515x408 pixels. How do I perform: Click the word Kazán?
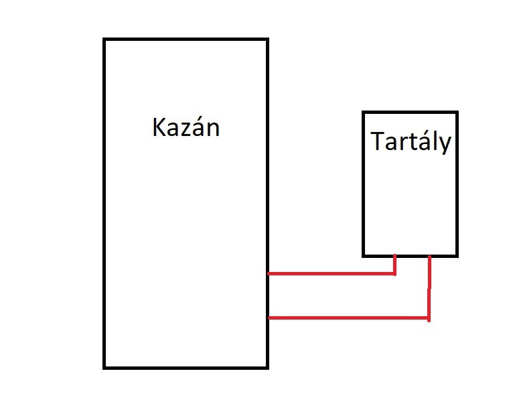pyautogui.click(x=186, y=127)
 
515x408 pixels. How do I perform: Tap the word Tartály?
pyautogui.click(x=410, y=143)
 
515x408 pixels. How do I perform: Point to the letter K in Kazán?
pyautogui.click(x=159, y=127)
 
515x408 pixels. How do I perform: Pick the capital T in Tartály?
pyautogui.click(x=377, y=141)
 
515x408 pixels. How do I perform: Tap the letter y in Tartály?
pyautogui.click(x=445, y=145)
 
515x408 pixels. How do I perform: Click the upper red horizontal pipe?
pyautogui.click(x=331, y=273)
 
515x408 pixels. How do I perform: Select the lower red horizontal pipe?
pyautogui.click(x=348, y=318)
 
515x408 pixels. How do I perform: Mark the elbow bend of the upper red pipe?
pyautogui.click(x=394, y=273)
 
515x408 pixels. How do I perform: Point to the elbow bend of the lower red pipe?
pyautogui.click(x=429, y=318)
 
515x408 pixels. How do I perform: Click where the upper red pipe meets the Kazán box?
pyautogui.click(x=269, y=273)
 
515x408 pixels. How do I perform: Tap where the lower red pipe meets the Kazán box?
pyautogui.click(x=269, y=318)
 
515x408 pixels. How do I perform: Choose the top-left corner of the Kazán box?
pyautogui.click(x=104, y=40)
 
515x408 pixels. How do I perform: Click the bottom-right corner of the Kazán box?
pyautogui.click(x=267, y=367)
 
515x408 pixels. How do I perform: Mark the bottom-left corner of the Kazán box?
pyautogui.click(x=104, y=367)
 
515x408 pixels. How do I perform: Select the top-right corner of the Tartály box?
pyautogui.click(x=457, y=113)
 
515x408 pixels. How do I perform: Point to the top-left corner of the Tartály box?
pyautogui.click(x=364, y=113)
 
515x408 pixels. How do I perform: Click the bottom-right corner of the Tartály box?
pyautogui.click(x=457, y=255)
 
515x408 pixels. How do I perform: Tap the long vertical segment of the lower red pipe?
pyautogui.click(x=429, y=288)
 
